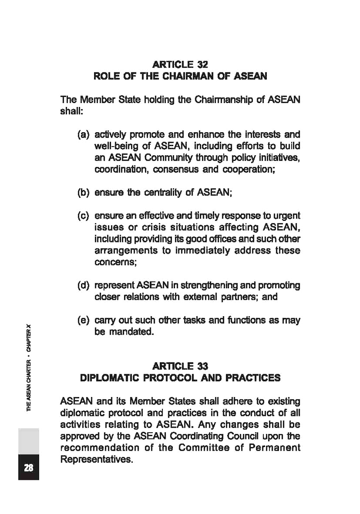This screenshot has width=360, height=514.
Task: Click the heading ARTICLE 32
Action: (180, 64)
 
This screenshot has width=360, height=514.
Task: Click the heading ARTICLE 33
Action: (180, 366)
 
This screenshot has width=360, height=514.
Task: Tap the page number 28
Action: (28, 468)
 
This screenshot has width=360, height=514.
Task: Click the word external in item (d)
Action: (218, 297)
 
